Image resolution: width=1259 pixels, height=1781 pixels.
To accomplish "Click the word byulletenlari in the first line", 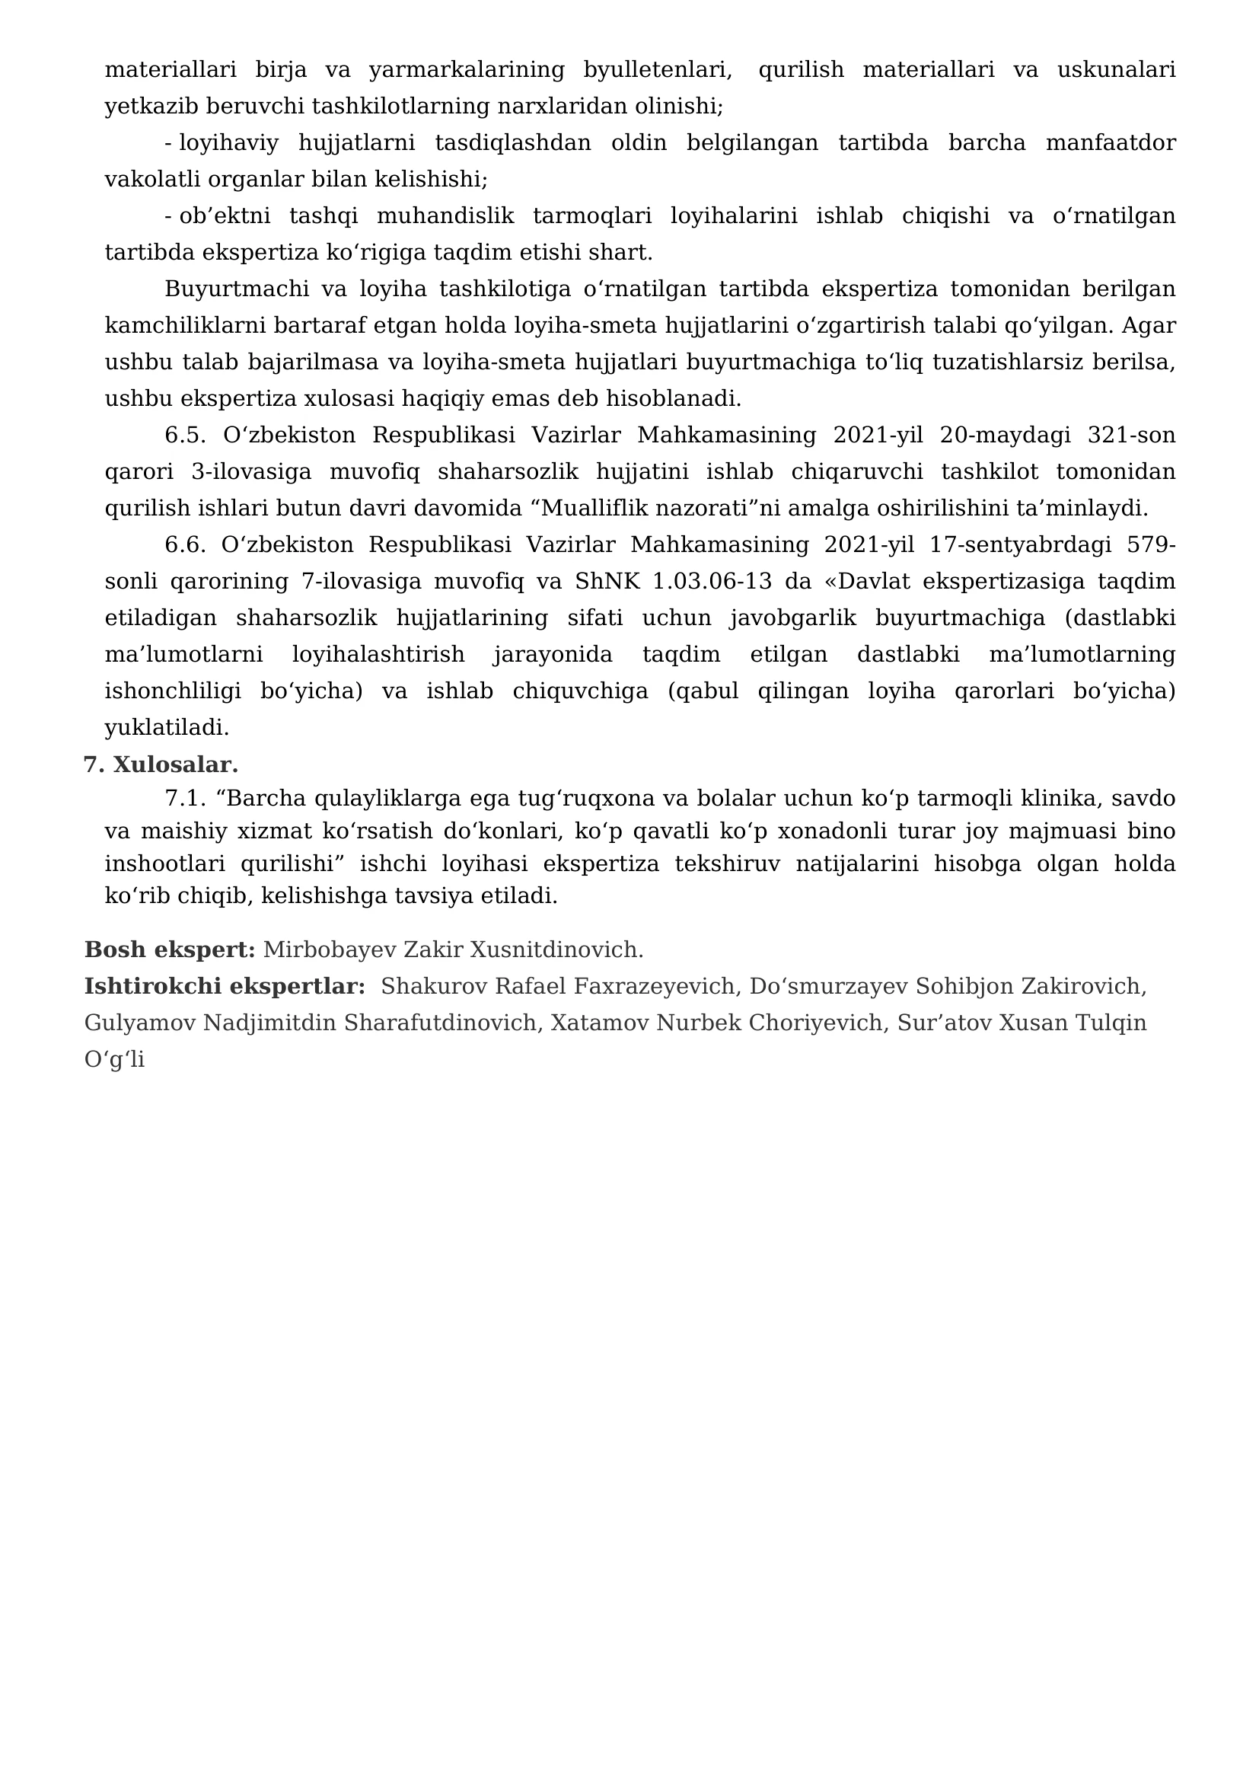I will (658, 70).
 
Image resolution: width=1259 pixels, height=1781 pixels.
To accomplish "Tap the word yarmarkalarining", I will (467, 70).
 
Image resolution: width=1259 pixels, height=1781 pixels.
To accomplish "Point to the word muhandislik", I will (445, 215).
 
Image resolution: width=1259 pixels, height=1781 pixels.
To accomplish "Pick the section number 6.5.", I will (184, 436).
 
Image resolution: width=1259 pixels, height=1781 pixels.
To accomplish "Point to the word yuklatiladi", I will (167, 728).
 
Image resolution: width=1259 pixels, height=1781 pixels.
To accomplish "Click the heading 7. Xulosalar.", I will (161, 764).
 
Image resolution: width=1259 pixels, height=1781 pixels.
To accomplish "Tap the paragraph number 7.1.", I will (184, 798).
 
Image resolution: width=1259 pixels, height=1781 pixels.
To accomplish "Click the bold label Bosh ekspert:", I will (170, 950).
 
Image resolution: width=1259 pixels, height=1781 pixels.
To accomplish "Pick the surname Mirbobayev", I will (330, 950).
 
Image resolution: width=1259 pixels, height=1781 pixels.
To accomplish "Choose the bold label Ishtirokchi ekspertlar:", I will (225, 986).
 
